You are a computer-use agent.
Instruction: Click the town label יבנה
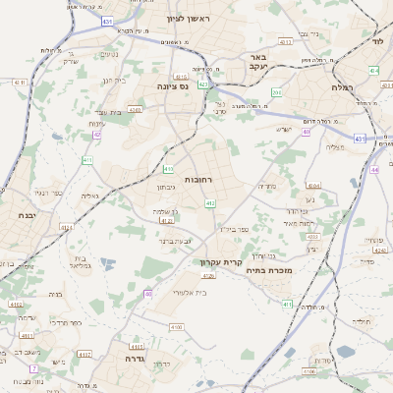tap(28, 213)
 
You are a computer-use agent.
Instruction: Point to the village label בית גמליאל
tap(80, 263)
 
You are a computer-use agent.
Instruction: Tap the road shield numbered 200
tap(277, 93)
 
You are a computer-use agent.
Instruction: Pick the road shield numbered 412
tap(210, 203)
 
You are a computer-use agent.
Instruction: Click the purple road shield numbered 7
tap(32, 368)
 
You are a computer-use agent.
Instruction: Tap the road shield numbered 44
tap(374, 170)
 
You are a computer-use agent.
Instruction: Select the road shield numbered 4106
tap(309, 372)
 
